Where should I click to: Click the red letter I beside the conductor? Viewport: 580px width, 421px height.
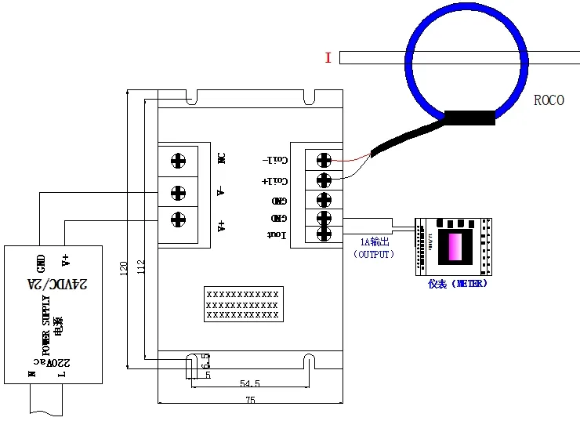(328, 57)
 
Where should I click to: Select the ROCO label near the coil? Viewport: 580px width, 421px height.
(549, 100)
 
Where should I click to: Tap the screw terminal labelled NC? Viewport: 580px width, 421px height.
(179, 161)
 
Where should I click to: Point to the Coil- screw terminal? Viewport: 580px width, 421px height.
(323, 160)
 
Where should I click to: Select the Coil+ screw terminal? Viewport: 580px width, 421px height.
(323, 180)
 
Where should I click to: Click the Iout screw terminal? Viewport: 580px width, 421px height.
(323, 233)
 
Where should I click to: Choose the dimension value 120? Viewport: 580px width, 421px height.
(123, 269)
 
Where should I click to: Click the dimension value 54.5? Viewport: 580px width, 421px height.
(250, 383)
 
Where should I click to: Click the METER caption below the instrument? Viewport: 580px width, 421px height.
(458, 284)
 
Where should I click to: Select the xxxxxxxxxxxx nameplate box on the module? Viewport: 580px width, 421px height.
(241, 304)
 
